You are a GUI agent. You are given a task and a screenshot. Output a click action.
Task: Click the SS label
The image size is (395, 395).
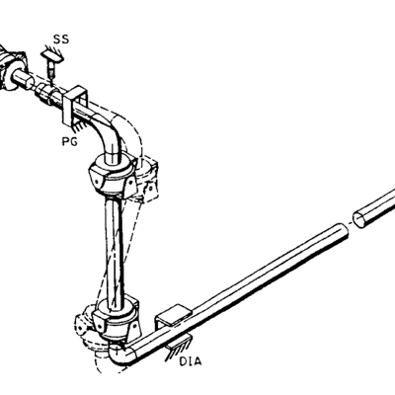pos(61,39)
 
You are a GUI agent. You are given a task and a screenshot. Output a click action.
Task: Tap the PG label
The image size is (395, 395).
pos(70,141)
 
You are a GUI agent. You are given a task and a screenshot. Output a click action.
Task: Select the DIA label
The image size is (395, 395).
pos(191,361)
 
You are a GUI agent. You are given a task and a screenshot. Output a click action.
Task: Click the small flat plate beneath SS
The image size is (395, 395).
pos(52,56)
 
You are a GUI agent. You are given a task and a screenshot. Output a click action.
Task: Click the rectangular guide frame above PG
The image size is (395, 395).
pos(76,106)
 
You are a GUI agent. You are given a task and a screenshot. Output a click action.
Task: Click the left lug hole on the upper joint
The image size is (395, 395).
pos(96,182)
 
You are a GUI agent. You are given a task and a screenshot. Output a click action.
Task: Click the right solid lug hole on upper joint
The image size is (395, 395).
pos(130,182)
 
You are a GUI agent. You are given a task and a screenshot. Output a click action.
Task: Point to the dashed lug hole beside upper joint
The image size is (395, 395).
pos(151,189)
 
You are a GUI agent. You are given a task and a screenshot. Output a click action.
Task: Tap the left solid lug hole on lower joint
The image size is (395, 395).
pos(99,324)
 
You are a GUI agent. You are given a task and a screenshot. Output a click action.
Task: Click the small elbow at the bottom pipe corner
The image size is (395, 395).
pos(121,355)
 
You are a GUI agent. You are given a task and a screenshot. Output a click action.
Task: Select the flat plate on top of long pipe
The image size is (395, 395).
pos(174,315)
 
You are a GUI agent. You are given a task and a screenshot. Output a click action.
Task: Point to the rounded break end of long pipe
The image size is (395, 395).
pos(343,233)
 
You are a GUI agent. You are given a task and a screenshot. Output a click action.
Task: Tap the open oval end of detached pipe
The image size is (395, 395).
pos(359,220)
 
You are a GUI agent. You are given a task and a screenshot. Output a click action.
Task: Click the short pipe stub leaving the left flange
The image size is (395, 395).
pos(23,80)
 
